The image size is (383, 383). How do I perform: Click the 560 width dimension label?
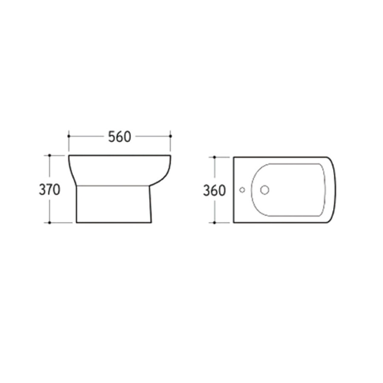pos(119,137)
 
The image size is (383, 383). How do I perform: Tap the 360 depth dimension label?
pos(214,191)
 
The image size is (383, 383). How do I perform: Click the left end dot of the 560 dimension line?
pos(69,136)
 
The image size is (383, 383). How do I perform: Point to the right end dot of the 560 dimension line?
pos(171,136)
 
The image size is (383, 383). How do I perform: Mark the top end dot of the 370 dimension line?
pos(50,156)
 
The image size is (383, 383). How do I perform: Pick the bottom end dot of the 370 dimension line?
pos(50,223)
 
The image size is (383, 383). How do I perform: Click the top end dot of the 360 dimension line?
pos(215,157)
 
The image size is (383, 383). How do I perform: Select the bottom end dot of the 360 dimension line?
pos(215,223)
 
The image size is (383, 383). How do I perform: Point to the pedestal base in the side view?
pos(114,204)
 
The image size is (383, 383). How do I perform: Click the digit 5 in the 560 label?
pos(111,137)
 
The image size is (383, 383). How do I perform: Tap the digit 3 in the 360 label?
pos(207,191)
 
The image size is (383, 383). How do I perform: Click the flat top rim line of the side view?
pos(119,156)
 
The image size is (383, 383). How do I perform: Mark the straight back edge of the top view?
pos(234,190)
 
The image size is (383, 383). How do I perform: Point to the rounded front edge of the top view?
pos(335,190)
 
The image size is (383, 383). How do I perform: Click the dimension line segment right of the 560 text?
pos(153,136)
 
